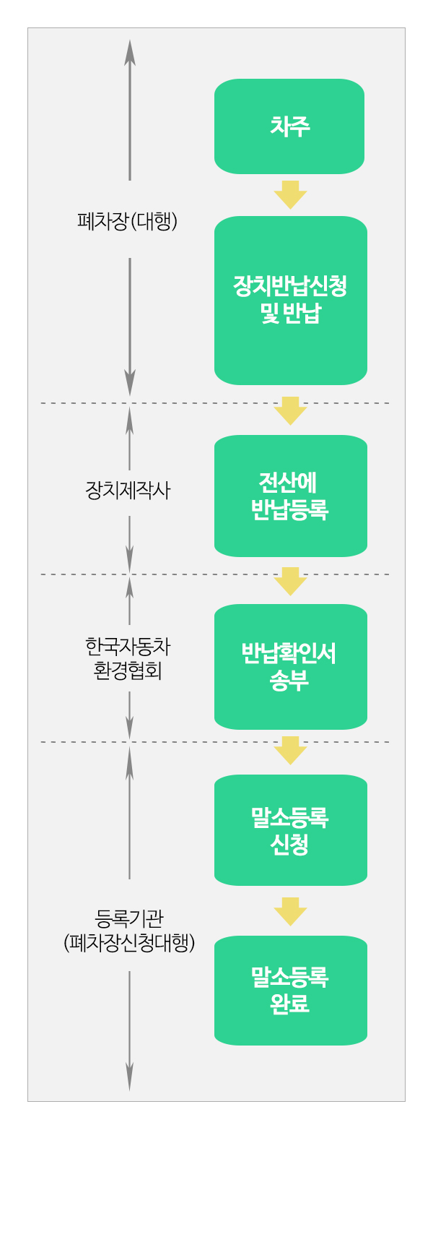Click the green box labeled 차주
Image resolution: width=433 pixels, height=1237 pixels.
pos(289,126)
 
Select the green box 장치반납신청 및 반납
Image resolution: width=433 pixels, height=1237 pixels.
pos(290,300)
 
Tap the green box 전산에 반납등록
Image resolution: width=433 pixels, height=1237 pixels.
pos(290,496)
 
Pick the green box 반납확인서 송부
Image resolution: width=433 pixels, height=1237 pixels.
pos(290,666)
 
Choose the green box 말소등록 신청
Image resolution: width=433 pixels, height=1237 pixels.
pos(290,829)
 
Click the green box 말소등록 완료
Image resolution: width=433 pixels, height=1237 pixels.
pos(290,990)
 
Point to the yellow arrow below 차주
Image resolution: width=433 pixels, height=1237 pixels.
pos(290,194)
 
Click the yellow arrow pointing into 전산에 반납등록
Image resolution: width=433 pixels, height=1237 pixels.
pos(290,410)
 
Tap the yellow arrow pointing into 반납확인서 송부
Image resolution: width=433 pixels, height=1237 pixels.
pos(290,581)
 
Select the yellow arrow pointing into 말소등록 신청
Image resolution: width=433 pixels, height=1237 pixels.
pos(290,750)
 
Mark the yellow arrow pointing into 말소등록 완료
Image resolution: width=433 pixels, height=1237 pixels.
pos(290,911)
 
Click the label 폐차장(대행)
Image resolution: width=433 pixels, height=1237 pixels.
pos(128,221)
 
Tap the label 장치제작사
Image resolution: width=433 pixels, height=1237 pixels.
pos(128,491)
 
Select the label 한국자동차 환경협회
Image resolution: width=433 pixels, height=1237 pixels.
pos(128,658)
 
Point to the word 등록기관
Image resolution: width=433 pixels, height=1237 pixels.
pos(129,918)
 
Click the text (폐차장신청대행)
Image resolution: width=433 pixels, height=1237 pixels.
pos(129,943)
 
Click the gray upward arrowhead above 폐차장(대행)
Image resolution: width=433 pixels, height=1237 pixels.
pos(130,51)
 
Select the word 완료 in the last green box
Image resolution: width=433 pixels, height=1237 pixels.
pos(289,1004)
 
